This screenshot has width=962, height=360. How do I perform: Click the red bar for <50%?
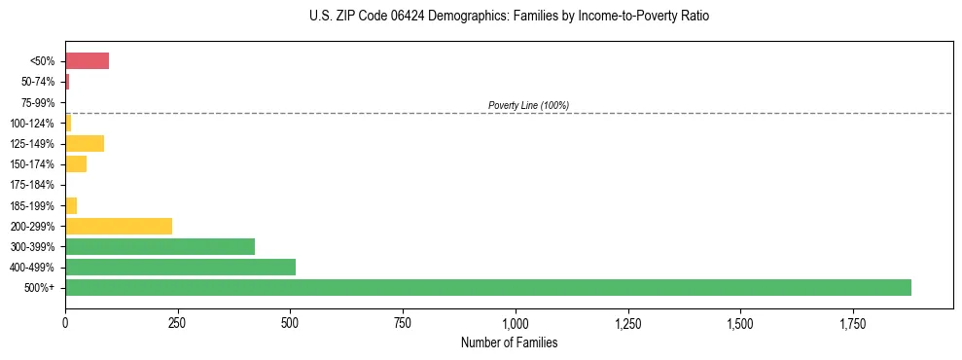[x=87, y=61]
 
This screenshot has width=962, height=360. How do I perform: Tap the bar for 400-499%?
[x=180, y=267]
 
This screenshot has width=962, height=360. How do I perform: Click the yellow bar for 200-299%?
[x=119, y=226]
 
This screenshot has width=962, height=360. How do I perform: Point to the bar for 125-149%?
[x=85, y=144]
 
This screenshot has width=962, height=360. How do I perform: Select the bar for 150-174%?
[x=76, y=164]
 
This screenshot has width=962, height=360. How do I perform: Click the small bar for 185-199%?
[x=71, y=205]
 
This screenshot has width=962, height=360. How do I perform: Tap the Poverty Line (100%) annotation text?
[x=528, y=105]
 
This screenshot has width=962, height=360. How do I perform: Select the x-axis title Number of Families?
[x=509, y=343]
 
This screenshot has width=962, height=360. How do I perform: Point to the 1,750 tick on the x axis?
[x=853, y=322]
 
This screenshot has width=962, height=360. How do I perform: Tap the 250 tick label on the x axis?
[x=178, y=322]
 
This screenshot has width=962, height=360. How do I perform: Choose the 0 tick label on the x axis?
[x=65, y=322]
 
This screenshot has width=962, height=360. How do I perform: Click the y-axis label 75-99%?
[x=38, y=103]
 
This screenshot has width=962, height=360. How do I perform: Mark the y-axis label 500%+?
[x=41, y=288]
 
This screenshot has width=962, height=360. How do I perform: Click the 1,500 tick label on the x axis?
[x=740, y=322]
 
